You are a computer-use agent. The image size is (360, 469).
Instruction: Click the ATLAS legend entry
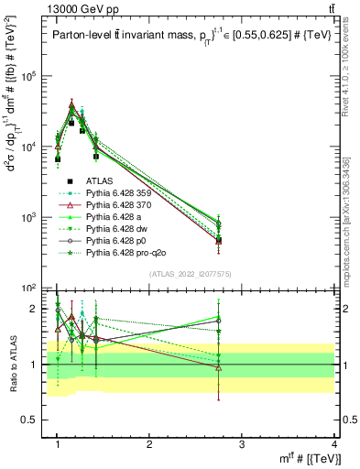click(99, 181)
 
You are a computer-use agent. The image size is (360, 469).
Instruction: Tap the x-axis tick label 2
click(149, 442)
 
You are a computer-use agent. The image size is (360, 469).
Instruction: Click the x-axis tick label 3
click(242, 442)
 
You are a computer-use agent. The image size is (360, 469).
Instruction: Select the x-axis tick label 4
click(333, 442)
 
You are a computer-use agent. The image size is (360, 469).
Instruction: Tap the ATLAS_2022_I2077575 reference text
click(191, 274)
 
